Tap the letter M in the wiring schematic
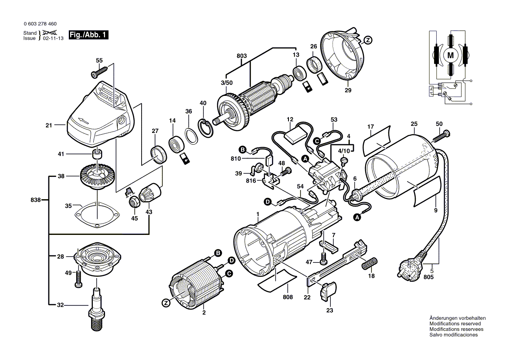[451, 55]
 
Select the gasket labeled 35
[97, 214]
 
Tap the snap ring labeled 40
[206, 128]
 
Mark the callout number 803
[241, 56]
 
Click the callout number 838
[36, 200]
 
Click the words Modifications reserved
[455, 324]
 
